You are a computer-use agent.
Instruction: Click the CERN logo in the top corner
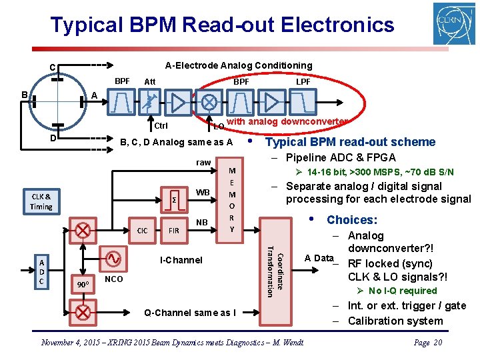[x=454, y=23]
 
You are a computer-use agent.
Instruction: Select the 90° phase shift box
[x=83, y=285]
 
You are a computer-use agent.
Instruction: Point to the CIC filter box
[x=142, y=231]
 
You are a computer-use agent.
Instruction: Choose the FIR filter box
[x=173, y=231]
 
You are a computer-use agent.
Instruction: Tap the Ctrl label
[x=161, y=126]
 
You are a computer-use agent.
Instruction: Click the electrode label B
[x=24, y=95]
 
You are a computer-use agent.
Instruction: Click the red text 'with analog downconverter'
[x=287, y=121]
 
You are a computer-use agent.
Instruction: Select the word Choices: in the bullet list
[x=351, y=220]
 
